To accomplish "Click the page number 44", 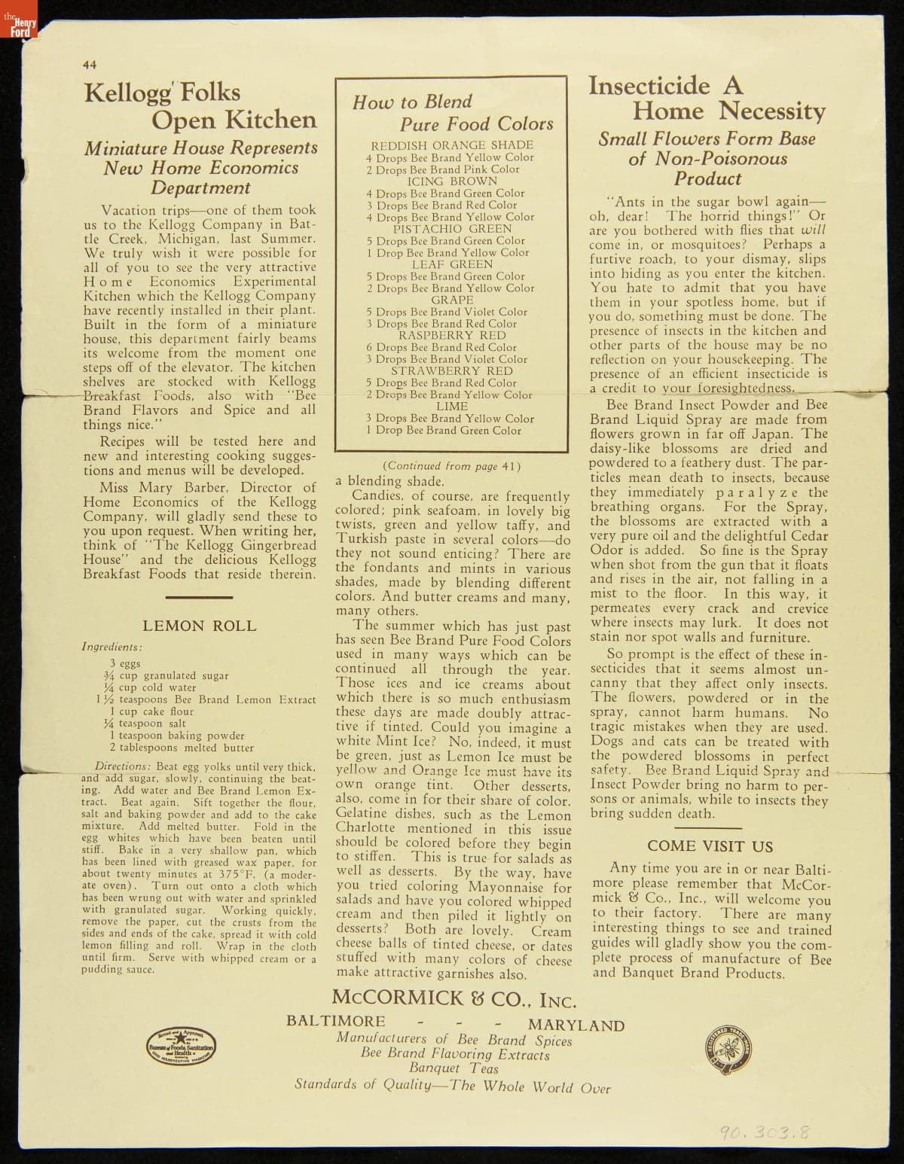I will point(90,65).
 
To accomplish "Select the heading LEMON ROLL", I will point(199,626).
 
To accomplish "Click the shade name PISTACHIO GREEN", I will point(452,229).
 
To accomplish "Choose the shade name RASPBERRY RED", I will point(452,335).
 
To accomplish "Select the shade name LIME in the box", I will point(452,406).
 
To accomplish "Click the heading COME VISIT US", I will point(710,846).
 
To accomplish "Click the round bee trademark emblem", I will point(730,1047).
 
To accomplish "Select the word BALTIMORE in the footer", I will point(335,1021).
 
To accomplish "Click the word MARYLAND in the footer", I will point(576,1025).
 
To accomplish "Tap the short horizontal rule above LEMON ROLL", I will point(199,597).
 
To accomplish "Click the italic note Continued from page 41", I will point(452,466).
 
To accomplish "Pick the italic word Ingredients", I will point(112,647).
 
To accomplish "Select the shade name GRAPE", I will point(452,300).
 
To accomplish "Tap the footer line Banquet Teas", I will point(454,1068).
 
